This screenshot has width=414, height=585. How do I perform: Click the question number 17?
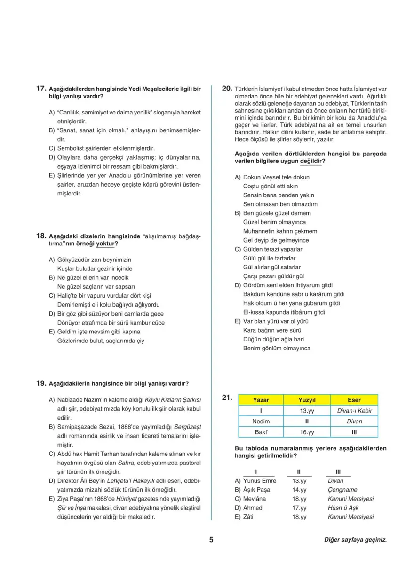pos(41,88)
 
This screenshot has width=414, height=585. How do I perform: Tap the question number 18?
pos(41,236)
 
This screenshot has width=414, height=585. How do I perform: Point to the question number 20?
pos(227,88)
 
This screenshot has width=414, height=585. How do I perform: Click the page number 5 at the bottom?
pos(211,540)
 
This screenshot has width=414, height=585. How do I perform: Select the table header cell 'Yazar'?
pos(261,400)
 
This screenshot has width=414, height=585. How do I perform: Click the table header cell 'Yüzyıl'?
pos(306,400)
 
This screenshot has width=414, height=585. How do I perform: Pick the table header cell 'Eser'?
pos(354,400)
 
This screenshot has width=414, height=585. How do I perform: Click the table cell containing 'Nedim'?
pos(261,421)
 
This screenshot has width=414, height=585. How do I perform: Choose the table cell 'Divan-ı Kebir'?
pos(354,410)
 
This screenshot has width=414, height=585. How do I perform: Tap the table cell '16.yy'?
pos(306,432)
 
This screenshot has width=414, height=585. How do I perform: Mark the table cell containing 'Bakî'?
pos(261,432)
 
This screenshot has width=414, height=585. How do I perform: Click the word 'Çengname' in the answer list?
pos(342,490)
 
